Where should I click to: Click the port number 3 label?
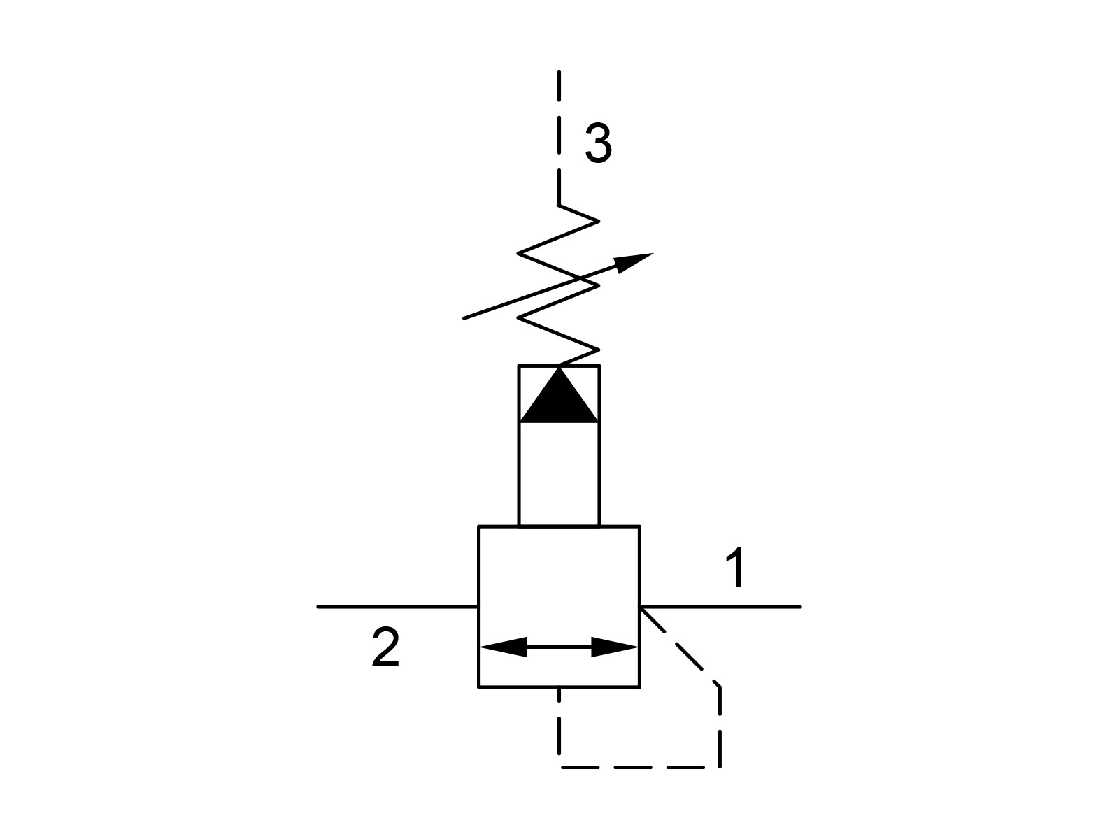(598, 143)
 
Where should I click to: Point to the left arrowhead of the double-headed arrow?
(503, 647)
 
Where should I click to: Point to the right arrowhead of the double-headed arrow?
(615, 647)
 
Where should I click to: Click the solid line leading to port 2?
(398, 607)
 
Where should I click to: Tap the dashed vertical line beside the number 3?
(559, 138)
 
